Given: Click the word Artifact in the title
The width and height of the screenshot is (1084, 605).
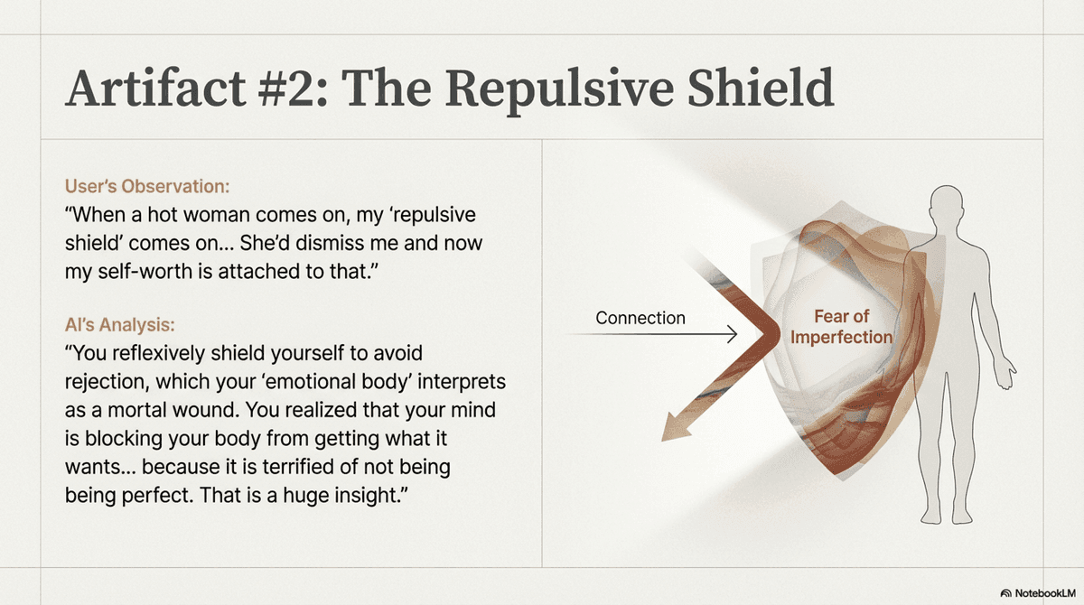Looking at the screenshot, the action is click(155, 88).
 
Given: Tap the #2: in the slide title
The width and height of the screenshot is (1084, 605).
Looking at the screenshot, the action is click(294, 88).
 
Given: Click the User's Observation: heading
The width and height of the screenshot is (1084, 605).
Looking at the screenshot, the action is click(147, 186).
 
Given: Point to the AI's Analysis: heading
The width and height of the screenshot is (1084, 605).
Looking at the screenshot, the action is click(119, 324).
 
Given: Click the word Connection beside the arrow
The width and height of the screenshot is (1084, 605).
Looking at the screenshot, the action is click(640, 318).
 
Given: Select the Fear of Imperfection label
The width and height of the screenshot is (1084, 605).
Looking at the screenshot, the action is click(841, 327).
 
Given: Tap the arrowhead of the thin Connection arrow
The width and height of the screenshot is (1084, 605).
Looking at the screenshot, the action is click(732, 334).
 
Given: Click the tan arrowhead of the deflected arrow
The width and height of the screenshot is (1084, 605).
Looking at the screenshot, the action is click(676, 427).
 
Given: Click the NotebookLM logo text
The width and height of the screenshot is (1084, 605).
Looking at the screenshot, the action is click(1045, 593).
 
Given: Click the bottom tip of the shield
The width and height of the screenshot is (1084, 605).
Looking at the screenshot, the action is click(843, 479).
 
